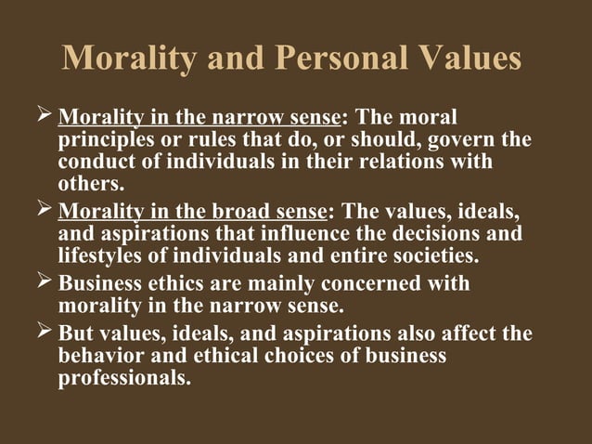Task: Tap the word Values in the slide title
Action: (x=467, y=59)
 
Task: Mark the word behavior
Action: (x=97, y=356)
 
